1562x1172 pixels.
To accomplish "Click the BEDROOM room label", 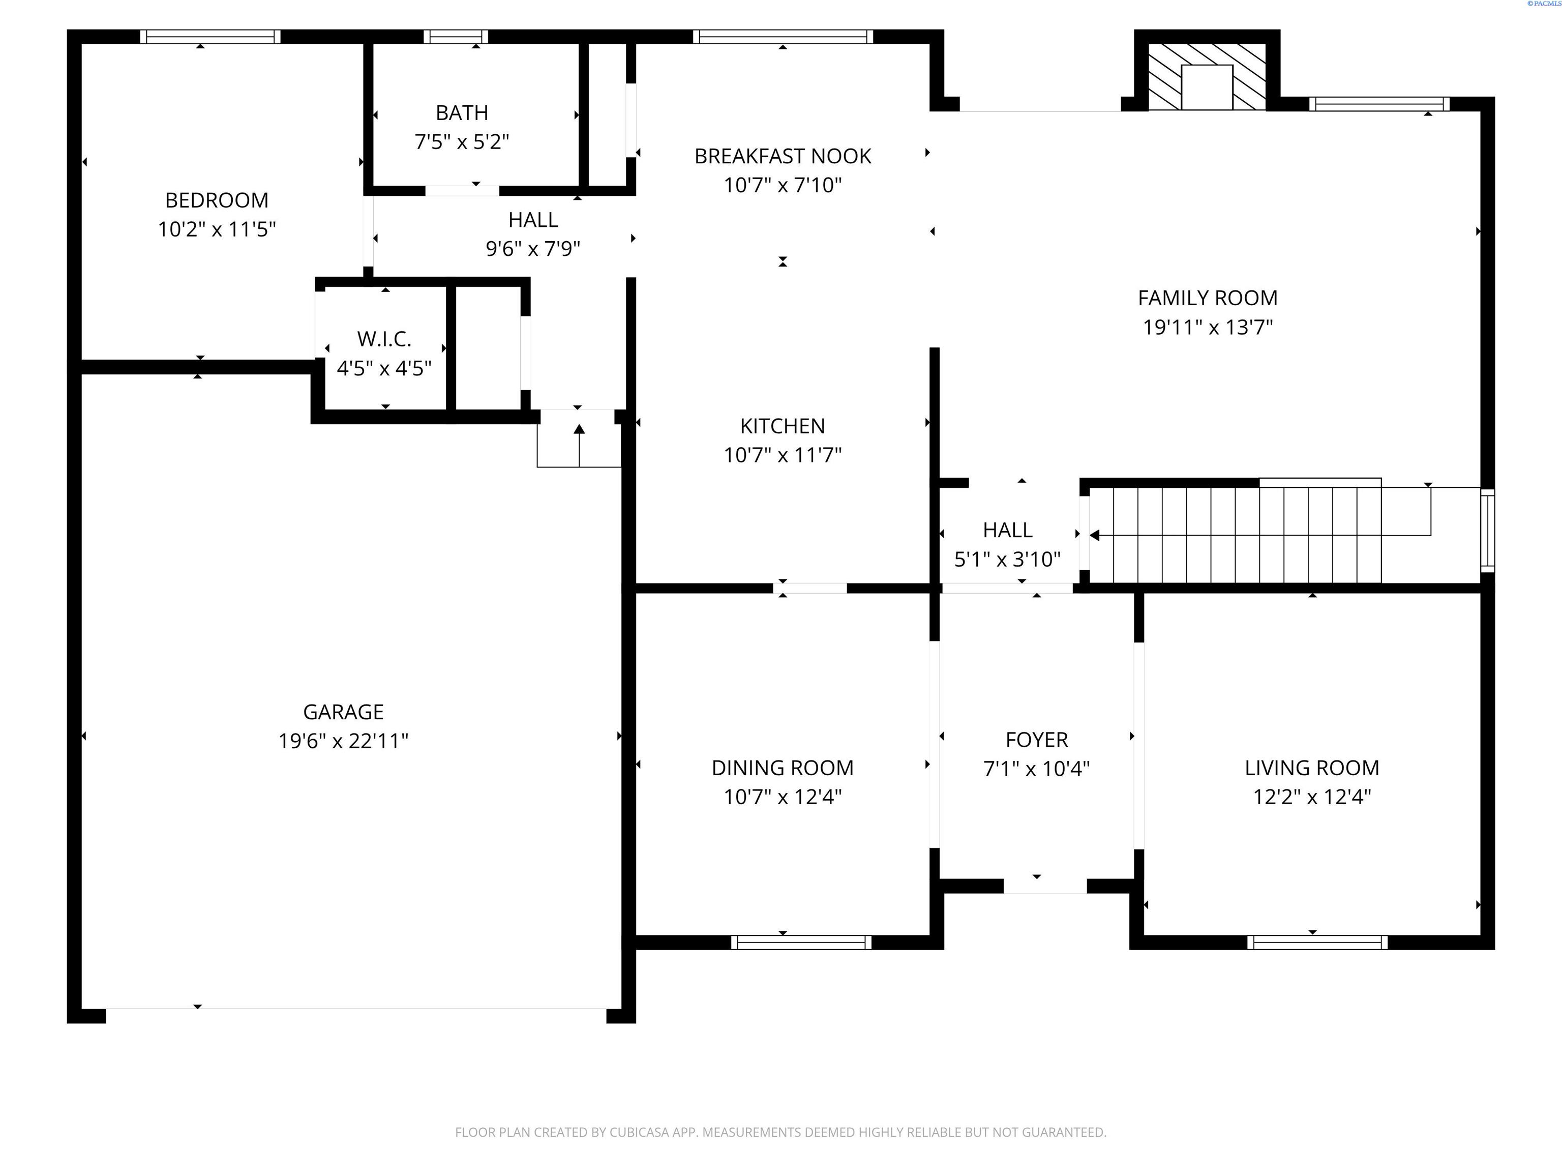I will point(216,200).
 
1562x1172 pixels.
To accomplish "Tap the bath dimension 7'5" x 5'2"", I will point(461,142).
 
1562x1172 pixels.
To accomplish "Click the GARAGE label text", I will point(343,712).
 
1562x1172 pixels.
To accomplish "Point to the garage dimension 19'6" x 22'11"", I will point(343,741).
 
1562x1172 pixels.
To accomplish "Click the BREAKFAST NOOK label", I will point(783,156).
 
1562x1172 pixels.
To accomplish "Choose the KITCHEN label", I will point(783,426).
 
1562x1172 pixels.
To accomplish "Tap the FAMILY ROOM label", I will point(1208,298).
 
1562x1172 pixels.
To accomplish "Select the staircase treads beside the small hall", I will point(1236,535).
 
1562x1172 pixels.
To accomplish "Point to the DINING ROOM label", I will point(783,768).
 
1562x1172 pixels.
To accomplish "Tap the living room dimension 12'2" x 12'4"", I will point(1311,797).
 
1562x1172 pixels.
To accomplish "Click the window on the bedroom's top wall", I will point(209,37).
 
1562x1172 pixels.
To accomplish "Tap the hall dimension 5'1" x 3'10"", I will point(1007,560).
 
